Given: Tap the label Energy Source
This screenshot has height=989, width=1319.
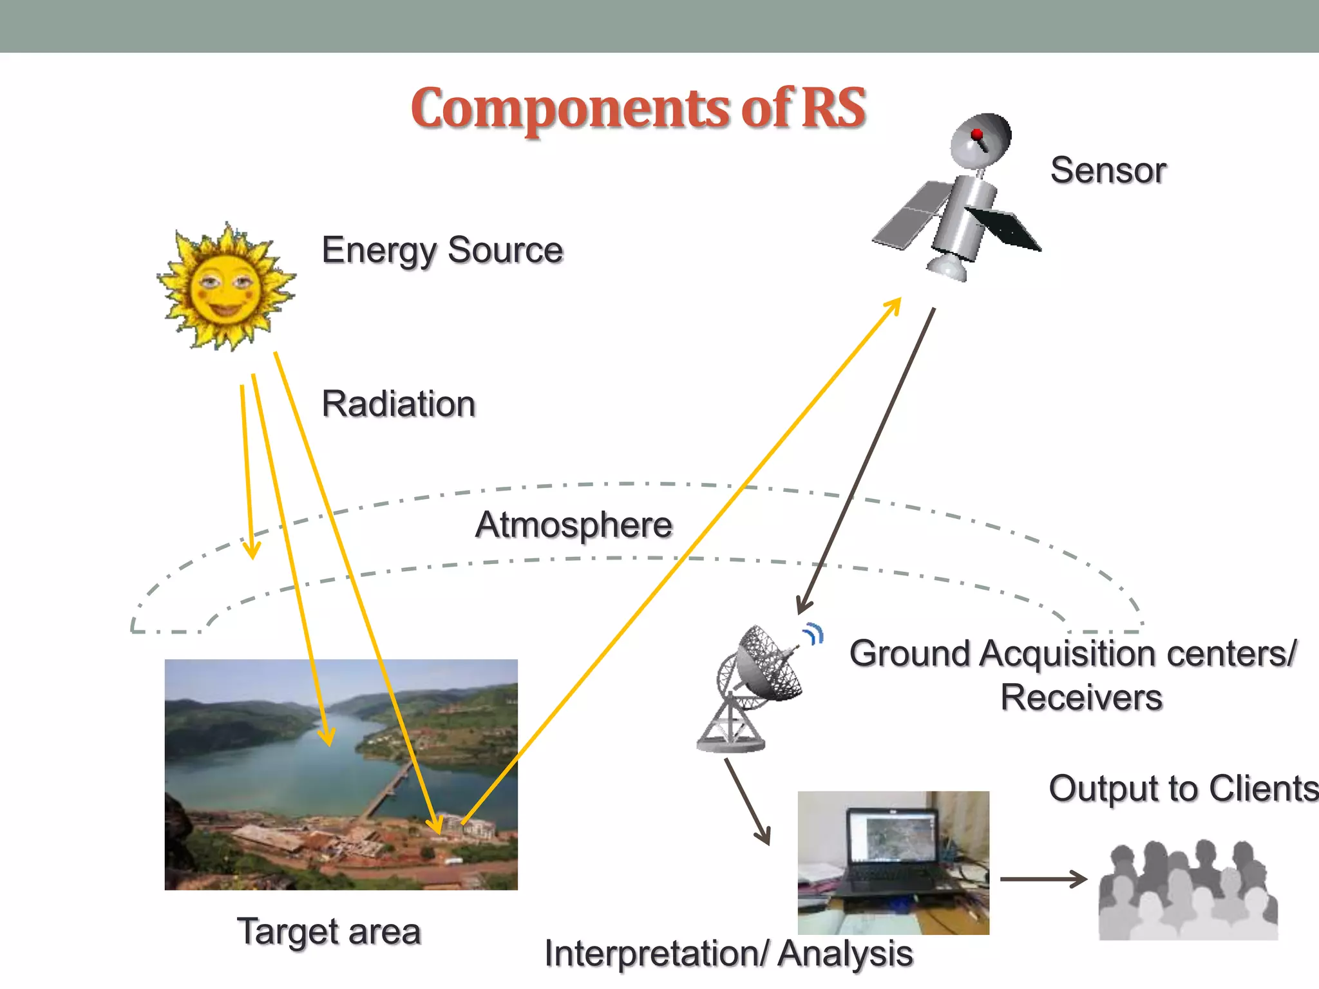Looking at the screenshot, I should (x=442, y=250).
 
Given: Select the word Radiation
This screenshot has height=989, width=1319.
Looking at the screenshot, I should (x=399, y=404).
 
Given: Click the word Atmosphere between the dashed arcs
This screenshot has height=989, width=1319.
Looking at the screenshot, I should (x=574, y=525).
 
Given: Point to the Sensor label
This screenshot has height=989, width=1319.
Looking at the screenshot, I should (x=1108, y=171).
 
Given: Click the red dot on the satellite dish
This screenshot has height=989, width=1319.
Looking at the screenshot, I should (x=976, y=134).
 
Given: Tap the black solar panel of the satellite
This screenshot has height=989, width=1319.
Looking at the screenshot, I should (x=1005, y=229).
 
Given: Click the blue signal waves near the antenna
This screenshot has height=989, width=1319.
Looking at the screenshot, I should (x=814, y=634).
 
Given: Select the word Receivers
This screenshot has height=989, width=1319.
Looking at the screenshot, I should (x=1081, y=698).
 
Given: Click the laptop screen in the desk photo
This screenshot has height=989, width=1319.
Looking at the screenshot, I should (x=893, y=836).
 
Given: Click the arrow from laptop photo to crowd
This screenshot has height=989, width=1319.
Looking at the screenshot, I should (x=1043, y=879).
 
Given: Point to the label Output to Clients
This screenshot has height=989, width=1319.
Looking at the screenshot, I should (x=1182, y=789).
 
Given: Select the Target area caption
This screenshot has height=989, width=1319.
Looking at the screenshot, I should (x=329, y=932).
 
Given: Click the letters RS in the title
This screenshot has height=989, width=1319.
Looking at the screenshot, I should (x=833, y=108).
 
